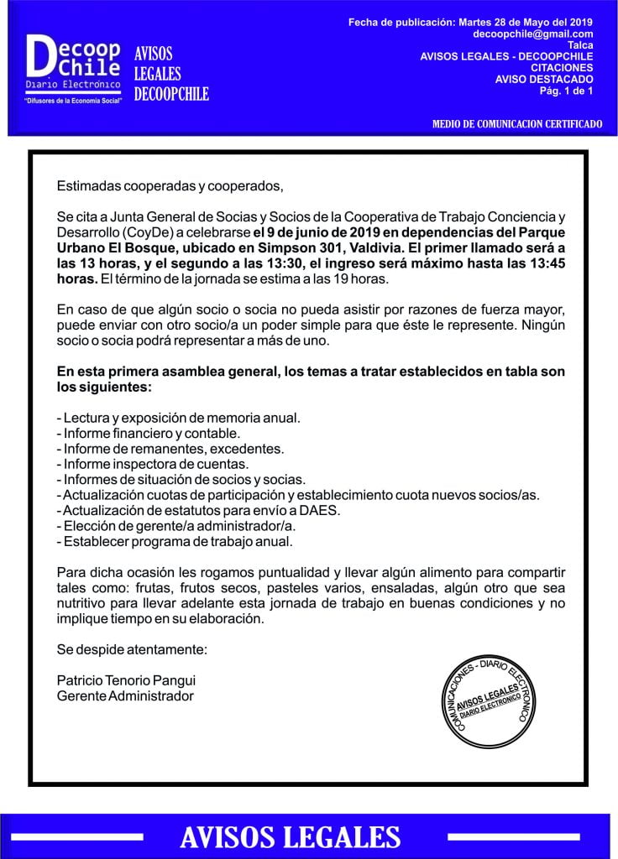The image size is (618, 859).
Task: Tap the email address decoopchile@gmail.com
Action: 533,34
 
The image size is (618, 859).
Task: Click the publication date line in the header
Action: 470,21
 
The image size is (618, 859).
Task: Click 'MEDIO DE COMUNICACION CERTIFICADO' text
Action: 516,123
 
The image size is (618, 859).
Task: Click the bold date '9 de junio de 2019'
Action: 316,232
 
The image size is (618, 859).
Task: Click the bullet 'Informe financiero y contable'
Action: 149,433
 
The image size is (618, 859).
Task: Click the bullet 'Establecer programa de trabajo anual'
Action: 175,541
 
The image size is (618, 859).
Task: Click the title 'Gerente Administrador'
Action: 125,696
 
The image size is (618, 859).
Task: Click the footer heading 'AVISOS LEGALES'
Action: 290,836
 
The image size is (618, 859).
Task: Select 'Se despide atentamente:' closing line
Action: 131,649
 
